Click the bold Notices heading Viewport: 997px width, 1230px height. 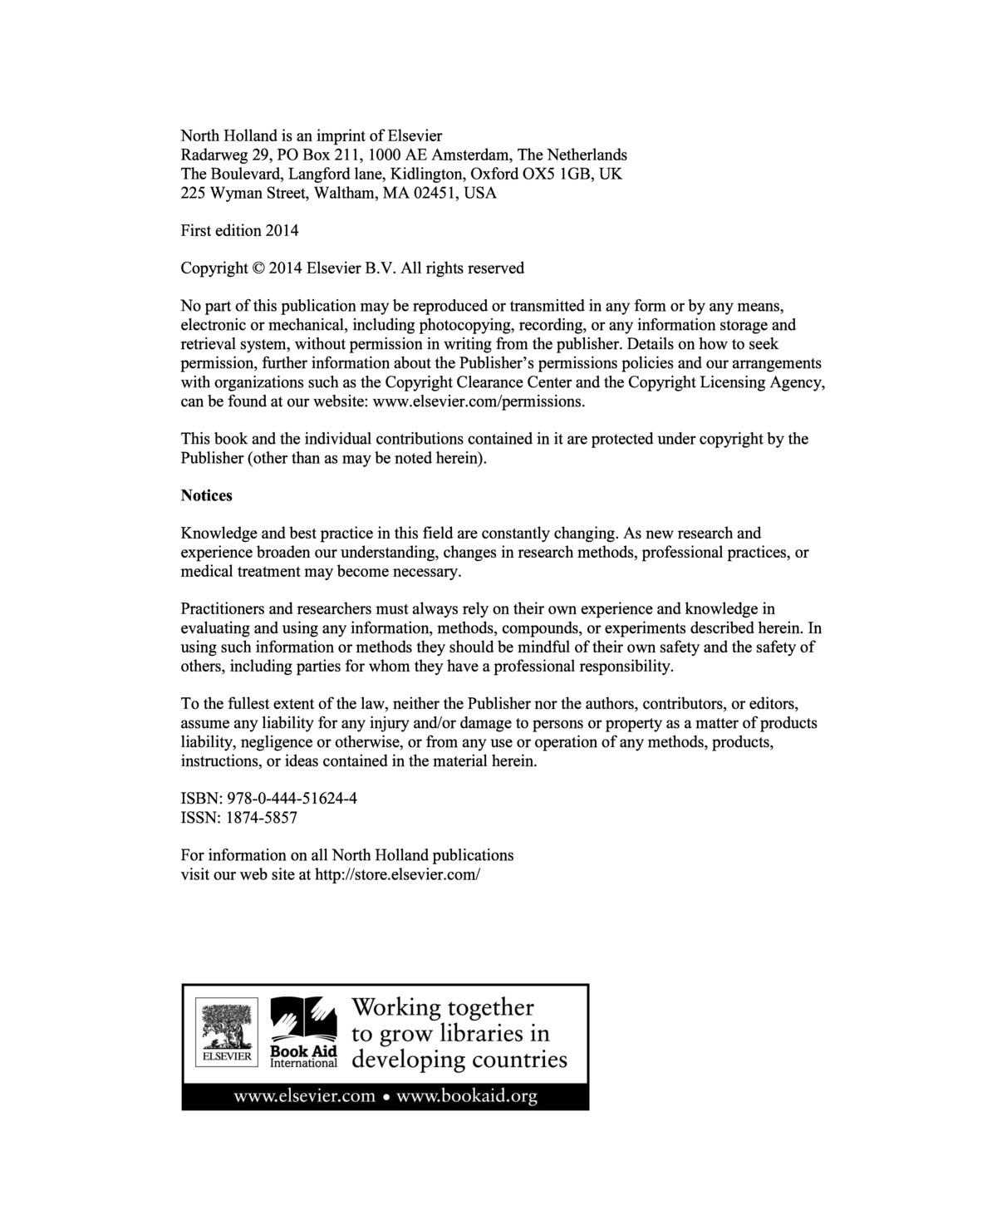206,495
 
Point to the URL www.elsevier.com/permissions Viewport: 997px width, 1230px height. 479,401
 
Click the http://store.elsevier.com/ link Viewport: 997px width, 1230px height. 398,874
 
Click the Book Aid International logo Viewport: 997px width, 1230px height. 303,1031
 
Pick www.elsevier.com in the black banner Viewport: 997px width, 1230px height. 305,1096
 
